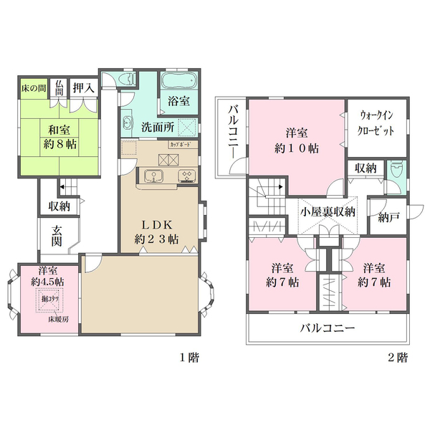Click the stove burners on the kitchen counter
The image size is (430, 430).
pos(186,177)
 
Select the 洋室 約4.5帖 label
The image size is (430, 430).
pos(48,277)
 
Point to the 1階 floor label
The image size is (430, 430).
pos(188,357)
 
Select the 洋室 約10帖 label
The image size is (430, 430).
pos(297,140)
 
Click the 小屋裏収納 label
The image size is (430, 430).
pos(328,211)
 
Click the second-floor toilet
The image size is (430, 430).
pos(396,172)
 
